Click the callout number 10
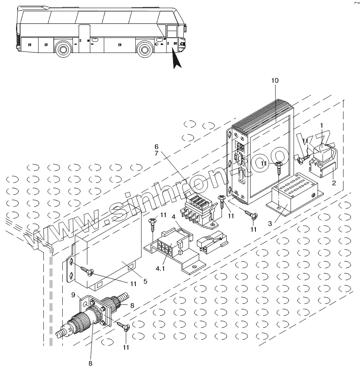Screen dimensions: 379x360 coord(275,81)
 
